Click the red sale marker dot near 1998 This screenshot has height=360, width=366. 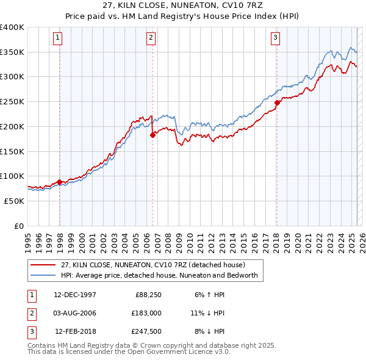(x=59, y=182)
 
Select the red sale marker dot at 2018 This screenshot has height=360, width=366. (x=277, y=103)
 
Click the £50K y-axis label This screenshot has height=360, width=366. (x=15, y=201)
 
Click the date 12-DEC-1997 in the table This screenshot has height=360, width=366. (x=75, y=295)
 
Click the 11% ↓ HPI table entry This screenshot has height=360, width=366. (x=207, y=313)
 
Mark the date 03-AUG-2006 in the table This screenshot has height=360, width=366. (x=75, y=313)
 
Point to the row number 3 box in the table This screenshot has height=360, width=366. (x=30, y=331)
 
